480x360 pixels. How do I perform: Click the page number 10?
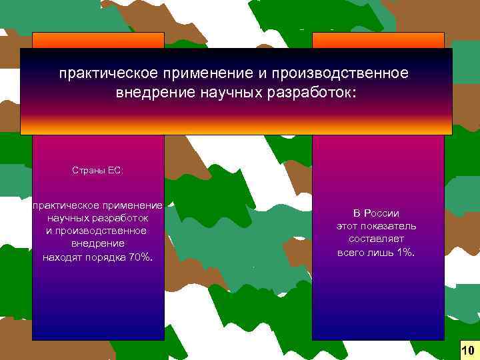pos(467,350)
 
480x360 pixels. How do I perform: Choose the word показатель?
pos(392,226)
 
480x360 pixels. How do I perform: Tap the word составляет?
pos(376,239)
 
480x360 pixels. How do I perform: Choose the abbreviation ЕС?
pos(116,170)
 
